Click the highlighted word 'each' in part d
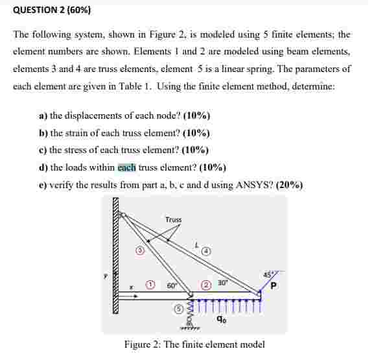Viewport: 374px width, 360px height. pos(126,167)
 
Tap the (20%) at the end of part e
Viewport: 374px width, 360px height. pos(289,185)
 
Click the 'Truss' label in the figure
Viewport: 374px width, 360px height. pos(173,220)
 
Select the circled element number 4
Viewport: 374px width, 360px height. pos(207,250)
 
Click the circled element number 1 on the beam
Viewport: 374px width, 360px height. pos(150,284)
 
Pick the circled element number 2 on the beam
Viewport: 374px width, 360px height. pos(207,284)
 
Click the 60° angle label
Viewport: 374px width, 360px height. pos(172,285)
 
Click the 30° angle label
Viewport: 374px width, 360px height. pos(222,282)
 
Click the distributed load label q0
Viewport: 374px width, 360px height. pos(222,319)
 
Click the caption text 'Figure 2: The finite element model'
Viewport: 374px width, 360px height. pos(194,345)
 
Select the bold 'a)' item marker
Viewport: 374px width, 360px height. pos(43,116)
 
